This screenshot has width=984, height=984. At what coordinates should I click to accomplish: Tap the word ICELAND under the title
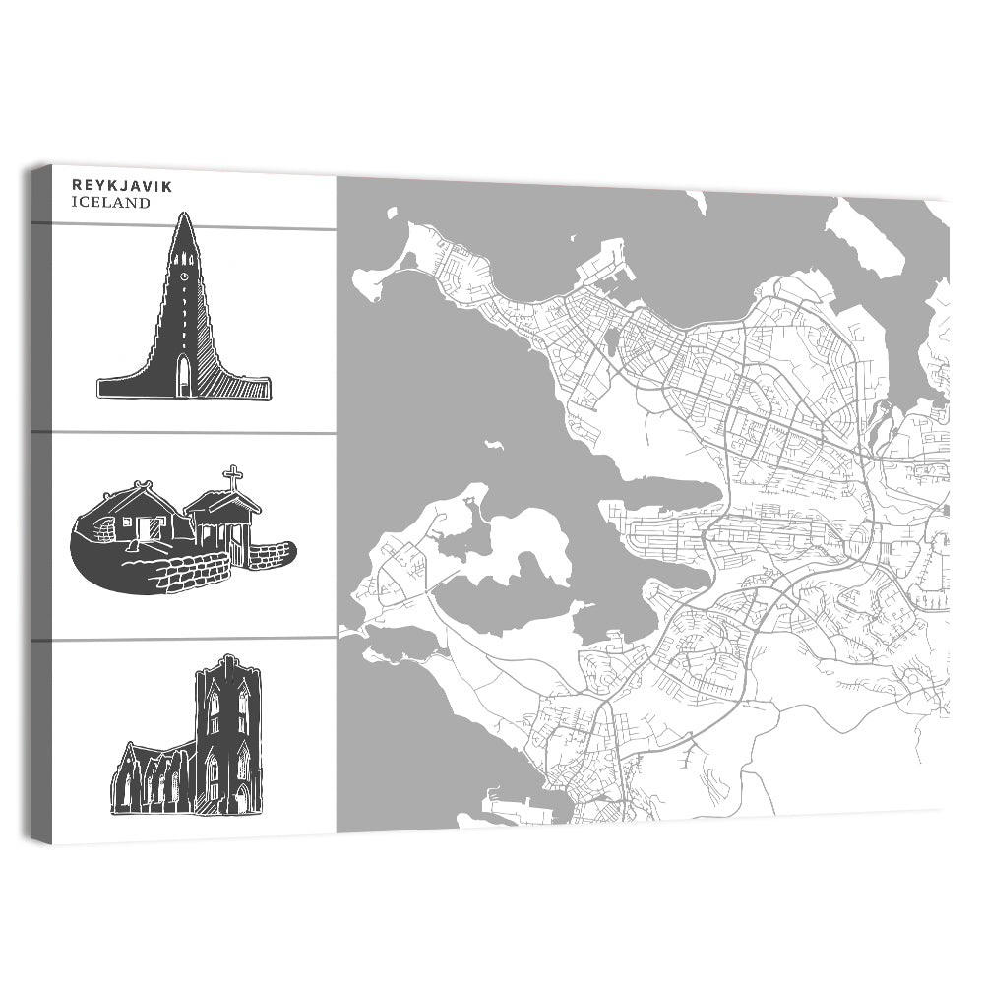tap(111, 204)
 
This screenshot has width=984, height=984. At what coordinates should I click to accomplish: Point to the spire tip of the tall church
tap(184, 215)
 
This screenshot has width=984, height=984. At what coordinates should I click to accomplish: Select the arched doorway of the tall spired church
tap(183, 376)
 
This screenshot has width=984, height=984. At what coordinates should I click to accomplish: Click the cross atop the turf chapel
tap(233, 478)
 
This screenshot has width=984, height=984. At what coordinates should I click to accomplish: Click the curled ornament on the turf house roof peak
tap(147, 484)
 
